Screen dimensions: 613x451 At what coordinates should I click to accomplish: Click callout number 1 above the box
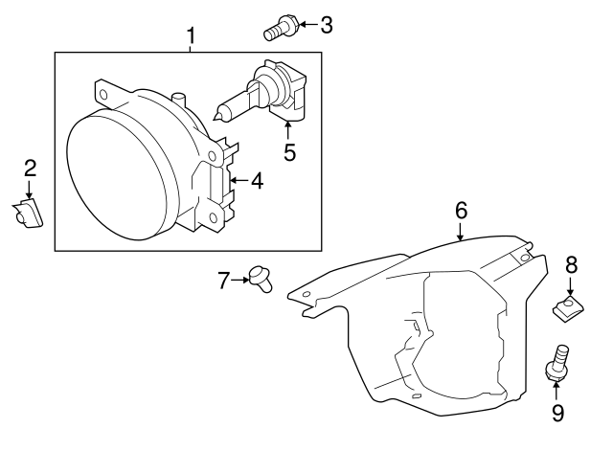(191, 36)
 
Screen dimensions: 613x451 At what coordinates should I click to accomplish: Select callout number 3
(327, 25)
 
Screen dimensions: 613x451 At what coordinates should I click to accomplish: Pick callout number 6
(461, 209)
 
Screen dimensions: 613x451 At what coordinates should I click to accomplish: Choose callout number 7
(224, 281)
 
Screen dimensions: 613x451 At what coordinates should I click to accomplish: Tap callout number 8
(571, 263)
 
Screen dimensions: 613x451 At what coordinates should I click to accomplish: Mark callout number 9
(557, 413)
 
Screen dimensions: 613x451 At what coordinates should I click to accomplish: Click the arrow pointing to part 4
(237, 180)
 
